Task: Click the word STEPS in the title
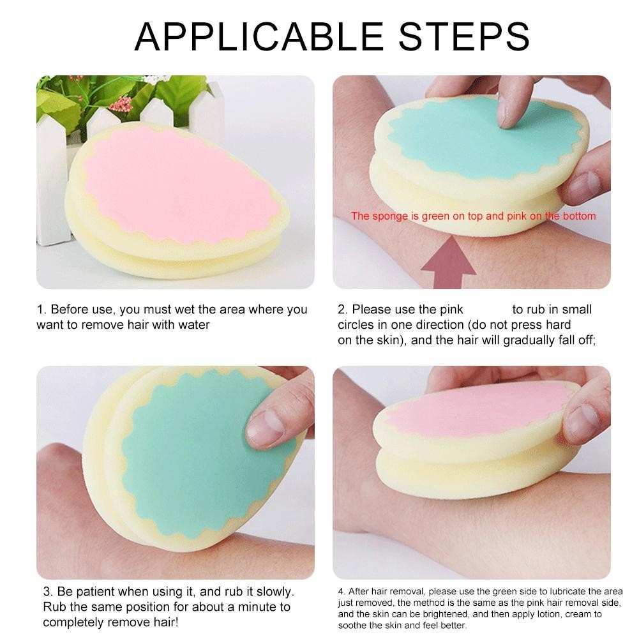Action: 464,36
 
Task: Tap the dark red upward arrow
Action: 448,263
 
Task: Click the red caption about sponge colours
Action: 473,216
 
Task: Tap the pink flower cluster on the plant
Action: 122,104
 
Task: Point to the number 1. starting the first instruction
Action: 41,310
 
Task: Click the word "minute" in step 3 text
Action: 257,607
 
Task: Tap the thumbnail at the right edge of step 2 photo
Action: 583,184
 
